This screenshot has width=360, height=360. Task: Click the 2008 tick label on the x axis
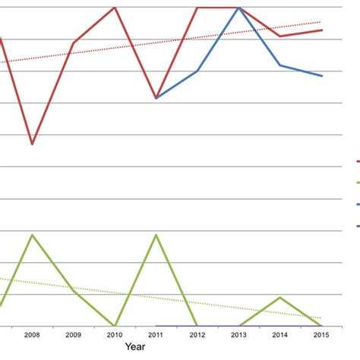click(32, 334)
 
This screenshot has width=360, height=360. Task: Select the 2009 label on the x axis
click(73, 334)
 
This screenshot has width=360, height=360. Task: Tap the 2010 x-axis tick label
click(115, 334)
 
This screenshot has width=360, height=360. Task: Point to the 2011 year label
click(156, 334)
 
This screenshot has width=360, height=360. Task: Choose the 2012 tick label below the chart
click(197, 334)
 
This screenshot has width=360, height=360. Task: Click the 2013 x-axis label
click(239, 334)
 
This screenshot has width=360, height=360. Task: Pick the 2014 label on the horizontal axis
click(280, 334)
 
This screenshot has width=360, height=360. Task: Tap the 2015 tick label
click(322, 334)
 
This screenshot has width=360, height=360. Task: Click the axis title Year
click(136, 346)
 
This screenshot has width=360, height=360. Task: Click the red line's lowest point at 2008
click(32, 144)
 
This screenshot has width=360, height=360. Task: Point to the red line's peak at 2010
click(115, 8)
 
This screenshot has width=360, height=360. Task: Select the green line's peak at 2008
click(32, 235)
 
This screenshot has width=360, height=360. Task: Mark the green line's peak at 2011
click(156, 235)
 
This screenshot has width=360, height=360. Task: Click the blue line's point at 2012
click(197, 71)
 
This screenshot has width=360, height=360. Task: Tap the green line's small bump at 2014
click(280, 297)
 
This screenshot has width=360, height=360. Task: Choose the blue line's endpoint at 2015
click(322, 76)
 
